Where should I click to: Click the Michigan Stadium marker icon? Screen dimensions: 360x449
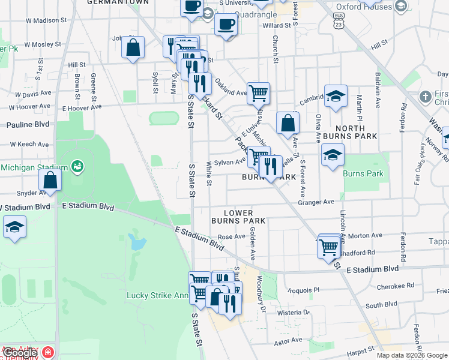point(77,166)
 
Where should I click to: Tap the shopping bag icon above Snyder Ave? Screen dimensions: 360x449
point(50,180)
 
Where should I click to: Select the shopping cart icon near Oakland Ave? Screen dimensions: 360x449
point(258,92)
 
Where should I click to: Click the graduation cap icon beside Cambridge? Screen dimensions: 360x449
point(336,95)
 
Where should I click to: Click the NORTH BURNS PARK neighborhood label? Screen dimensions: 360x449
point(350,132)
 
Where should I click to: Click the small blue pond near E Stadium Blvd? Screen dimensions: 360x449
point(137,242)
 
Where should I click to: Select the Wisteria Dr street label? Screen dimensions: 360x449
point(294,312)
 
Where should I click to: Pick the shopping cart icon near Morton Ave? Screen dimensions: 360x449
point(329,246)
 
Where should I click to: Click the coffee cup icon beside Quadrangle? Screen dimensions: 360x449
point(226,25)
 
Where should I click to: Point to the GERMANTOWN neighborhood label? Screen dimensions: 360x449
point(109,2)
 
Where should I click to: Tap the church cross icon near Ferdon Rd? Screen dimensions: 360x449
point(425,96)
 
